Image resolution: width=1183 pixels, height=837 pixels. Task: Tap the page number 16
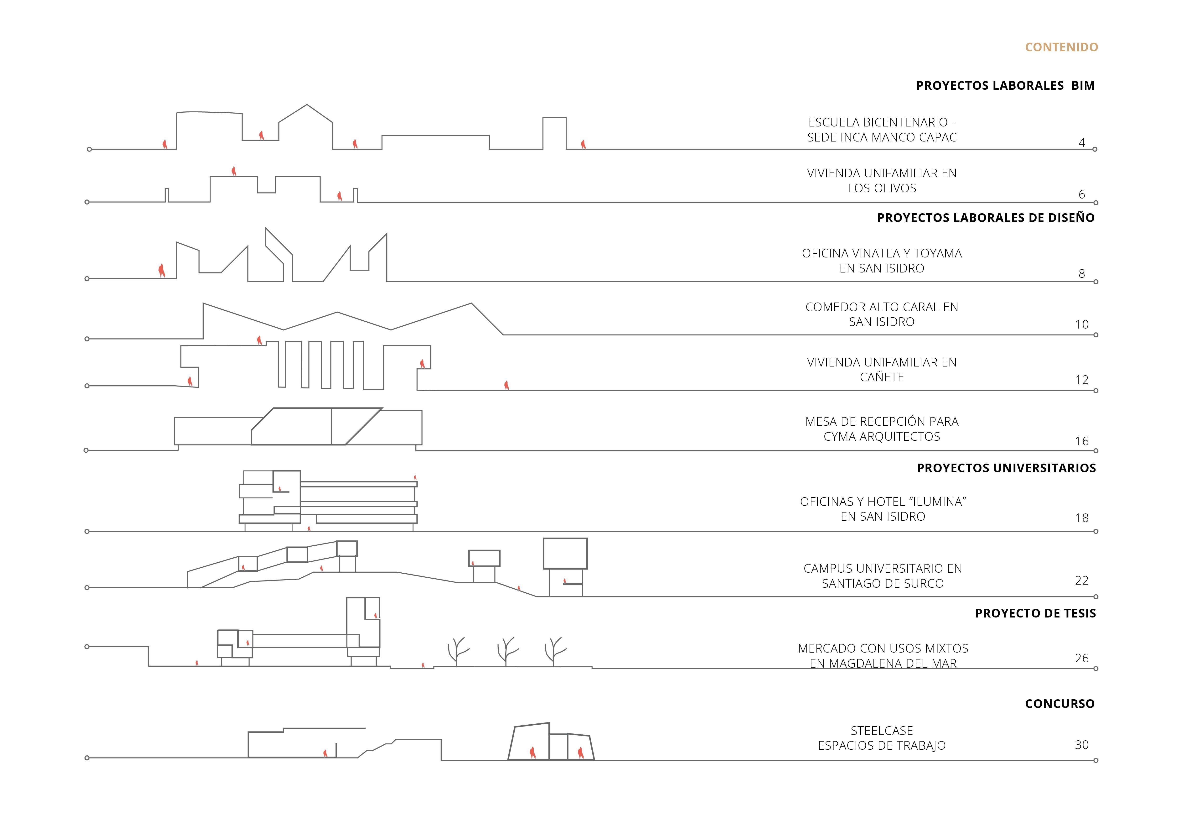pyautogui.click(x=1081, y=441)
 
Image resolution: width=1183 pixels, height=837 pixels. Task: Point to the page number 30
pyautogui.click(x=1081, y=745)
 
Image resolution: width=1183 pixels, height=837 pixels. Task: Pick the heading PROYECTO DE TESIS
pyautogui.click(x=1035, y=613)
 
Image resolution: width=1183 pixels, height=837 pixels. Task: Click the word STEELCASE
pyautogui.click(x=882, y=731)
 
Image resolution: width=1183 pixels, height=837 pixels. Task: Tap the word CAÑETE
pyautogui.click(x=882, y=377)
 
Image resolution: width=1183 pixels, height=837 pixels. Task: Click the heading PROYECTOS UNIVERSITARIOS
pyautogui.click(x=1006, y=468)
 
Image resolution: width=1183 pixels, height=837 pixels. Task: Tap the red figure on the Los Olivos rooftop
pyautogui.click(x=234, y=171)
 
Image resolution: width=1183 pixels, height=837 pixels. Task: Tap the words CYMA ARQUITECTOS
pyautogui.click(x=882, y=437)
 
